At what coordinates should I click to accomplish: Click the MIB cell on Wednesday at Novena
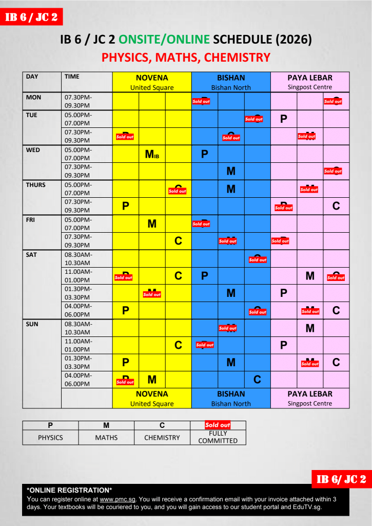152,154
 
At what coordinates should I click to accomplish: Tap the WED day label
33,150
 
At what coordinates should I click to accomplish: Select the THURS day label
35,185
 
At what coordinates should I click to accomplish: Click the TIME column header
72,77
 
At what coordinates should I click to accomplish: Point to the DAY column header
32,77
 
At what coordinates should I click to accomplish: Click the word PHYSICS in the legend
50,438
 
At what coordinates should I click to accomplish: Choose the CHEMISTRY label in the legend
162,438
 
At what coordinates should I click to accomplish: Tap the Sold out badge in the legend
218,425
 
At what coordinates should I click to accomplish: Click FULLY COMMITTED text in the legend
218,437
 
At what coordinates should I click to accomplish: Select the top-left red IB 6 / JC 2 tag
31,17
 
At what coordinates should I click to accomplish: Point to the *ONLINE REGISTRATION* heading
69,490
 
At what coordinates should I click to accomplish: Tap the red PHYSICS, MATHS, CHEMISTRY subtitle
186,58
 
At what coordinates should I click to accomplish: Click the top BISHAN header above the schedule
231,78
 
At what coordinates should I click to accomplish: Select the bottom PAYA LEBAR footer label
310,394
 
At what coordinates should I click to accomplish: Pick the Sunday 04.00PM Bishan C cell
258,380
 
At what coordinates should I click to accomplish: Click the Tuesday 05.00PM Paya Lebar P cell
284,119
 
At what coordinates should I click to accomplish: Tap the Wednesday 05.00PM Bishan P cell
204,154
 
